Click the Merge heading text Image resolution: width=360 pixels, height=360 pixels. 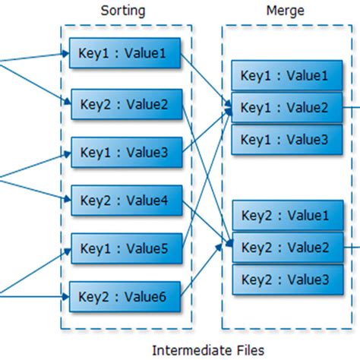click(x=286, y=11)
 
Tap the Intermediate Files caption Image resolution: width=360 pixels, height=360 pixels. click(x=208, y=349)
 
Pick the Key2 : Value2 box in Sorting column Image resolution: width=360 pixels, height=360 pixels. click(x=125, y=104)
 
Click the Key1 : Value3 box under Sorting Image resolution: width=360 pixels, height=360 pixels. click(x=125, y=152)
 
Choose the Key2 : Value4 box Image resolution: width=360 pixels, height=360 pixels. click(x=125, y=201)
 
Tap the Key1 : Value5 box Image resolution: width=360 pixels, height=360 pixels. click(x=125, y=248)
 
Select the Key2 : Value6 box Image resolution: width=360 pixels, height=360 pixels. click(x=125, y=296)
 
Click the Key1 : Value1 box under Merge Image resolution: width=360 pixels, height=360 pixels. click(x=284, y=76)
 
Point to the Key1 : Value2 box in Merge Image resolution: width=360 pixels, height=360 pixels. click(x=284, y=107)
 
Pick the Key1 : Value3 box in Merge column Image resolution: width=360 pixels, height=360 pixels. click(x=284, y=139)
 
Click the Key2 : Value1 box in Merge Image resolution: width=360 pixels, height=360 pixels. click(x=284, y=215)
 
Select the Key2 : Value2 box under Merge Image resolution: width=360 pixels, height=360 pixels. click(x=284, y=247)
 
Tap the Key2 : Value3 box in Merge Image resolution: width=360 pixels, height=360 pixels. click(x=284, y=279)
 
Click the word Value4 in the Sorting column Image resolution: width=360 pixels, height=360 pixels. click(x=147, y=201)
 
